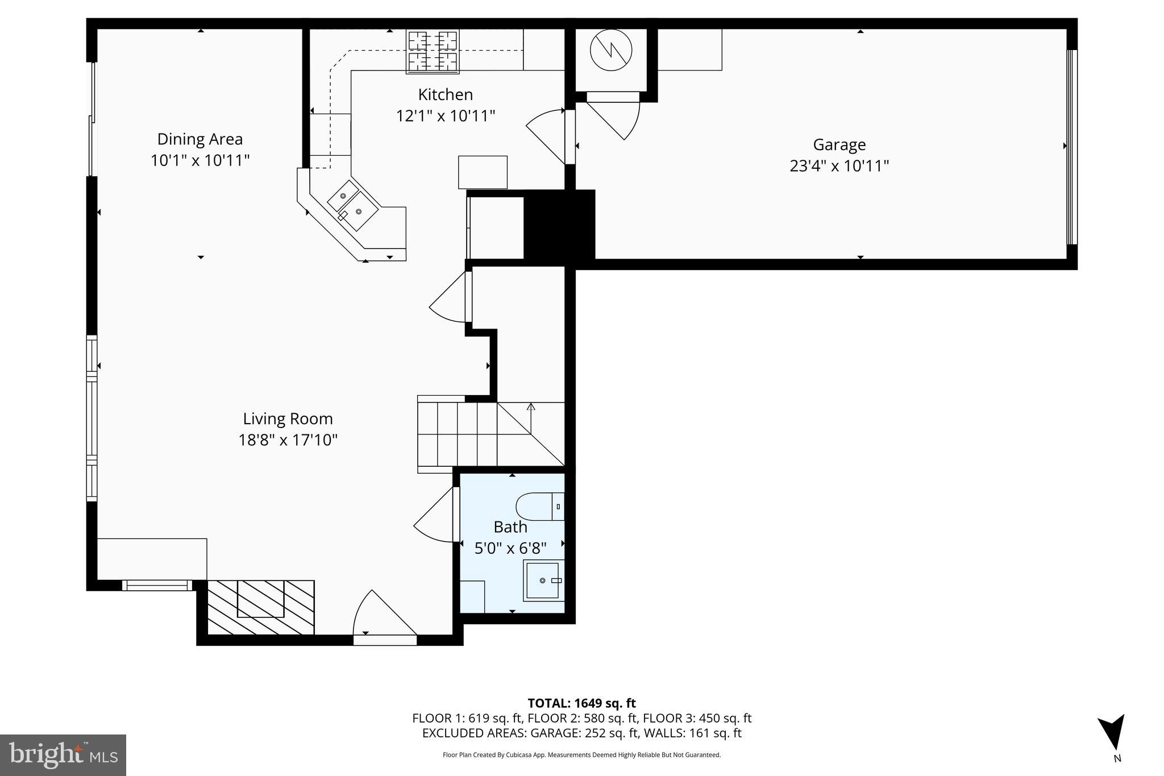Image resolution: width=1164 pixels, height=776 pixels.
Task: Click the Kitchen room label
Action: (445, 94)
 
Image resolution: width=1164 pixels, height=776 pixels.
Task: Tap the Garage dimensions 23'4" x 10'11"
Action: (839, 166)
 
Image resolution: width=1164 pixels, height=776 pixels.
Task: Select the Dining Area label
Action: (199, 139)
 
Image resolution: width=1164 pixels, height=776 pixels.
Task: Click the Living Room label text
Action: (288, 419)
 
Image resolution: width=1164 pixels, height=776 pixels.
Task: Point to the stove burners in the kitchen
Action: (433, 51)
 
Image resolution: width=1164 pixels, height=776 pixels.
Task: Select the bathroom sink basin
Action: (543, 580)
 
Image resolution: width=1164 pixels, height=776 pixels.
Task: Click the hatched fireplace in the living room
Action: (260, 607)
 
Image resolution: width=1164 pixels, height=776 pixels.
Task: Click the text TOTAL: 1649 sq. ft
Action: (581, 703)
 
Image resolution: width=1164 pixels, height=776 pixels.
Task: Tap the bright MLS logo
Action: (63, 755)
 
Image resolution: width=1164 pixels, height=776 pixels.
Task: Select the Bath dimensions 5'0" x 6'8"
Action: (510, 549)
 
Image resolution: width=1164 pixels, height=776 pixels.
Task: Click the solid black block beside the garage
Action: (559, 226)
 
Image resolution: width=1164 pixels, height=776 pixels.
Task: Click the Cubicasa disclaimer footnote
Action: (581, 755)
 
